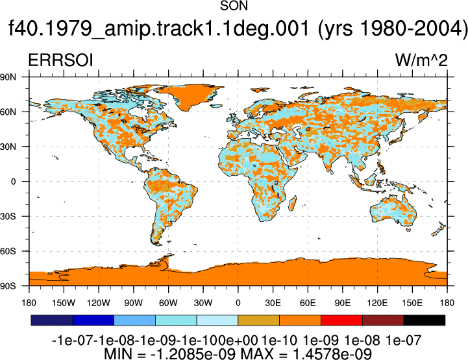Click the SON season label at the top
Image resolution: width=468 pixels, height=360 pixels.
[234, 6]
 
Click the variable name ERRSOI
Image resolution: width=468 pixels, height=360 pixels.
[60, 60]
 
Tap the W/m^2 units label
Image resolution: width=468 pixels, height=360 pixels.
[421, 60]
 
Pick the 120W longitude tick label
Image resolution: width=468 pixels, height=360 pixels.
[99, 303]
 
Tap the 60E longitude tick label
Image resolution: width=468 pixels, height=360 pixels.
[308, 303]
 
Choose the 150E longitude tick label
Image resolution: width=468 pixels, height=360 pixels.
[412, 303]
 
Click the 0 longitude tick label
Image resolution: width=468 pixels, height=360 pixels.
[238, 303]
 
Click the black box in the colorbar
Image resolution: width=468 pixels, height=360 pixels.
[424, 320]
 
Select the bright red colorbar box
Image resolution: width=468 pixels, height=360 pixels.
[341, 320]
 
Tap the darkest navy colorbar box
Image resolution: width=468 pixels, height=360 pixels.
[52, 320]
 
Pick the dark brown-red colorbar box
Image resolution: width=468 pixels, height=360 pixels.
[383, 320]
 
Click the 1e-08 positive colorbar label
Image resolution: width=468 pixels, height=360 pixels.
[362, 341]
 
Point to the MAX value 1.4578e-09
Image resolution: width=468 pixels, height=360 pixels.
[332, 354]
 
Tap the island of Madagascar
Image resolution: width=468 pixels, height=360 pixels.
[293, 203]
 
